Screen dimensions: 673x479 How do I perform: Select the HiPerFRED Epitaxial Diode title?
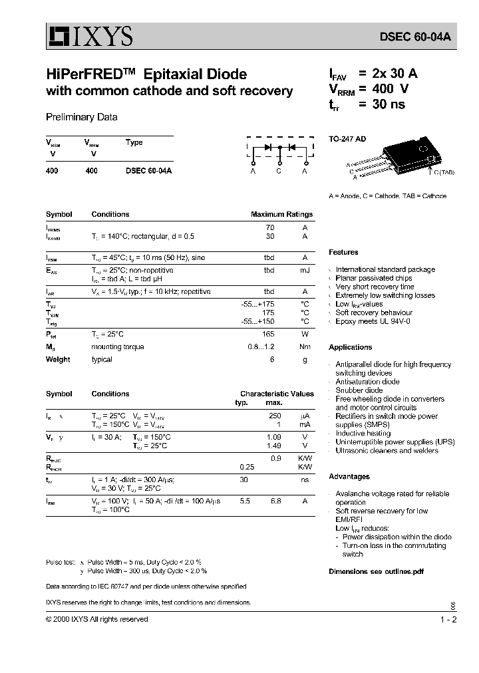[146, 74]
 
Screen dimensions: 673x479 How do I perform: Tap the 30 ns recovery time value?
[389, 104]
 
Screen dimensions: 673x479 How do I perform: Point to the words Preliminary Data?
[81, 117]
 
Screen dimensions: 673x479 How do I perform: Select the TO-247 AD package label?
[347, 140]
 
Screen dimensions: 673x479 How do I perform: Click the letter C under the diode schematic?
[279, 171]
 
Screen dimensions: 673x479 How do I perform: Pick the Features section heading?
[343, 253]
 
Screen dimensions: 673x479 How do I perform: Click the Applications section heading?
[350, 347]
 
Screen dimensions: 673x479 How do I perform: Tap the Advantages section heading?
[349, 477]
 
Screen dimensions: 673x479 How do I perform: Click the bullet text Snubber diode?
[359, 390]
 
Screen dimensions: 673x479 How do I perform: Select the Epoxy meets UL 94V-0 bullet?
[373, 321]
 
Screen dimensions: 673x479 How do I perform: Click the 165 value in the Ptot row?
[268, 334]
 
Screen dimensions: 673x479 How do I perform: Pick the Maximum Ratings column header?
[281, 214]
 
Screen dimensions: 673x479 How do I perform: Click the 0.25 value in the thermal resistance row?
[247, 467]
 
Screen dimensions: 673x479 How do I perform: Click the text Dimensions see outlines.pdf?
[376, 571]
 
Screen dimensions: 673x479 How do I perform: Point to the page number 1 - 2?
[448, 619]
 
